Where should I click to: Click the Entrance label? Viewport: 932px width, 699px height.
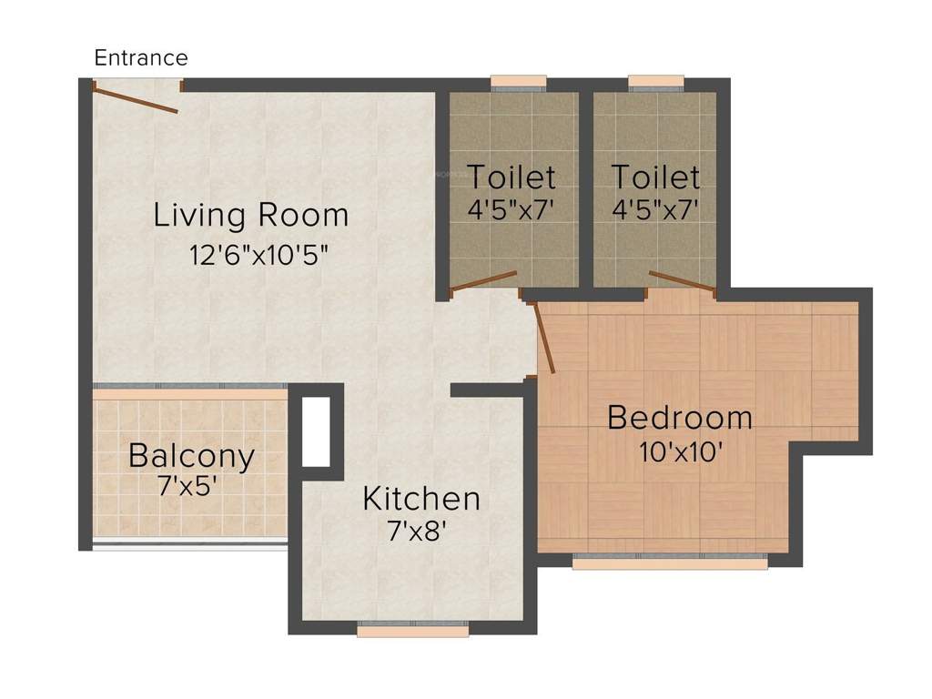coord(141,58)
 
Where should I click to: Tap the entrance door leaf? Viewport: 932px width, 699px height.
coord(137,98)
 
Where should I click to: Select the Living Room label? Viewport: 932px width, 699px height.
coord(250,216)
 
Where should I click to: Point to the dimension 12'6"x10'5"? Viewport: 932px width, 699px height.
coord(258,254)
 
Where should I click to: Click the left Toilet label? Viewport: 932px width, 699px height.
coord(511,176)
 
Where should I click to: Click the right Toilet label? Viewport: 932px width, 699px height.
coord(655,176)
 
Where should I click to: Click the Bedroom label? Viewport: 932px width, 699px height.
coord(680,418)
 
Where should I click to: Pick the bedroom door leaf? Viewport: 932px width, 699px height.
coord(544,338)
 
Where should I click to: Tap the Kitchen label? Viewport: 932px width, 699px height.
coord(420,499)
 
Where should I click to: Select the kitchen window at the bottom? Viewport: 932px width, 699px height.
coord(412,628)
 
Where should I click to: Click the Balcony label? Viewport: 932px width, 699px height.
coord(191,455)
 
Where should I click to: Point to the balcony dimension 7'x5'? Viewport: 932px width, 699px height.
coord(187,484)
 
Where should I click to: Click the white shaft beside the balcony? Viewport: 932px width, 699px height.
coord(316,431)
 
